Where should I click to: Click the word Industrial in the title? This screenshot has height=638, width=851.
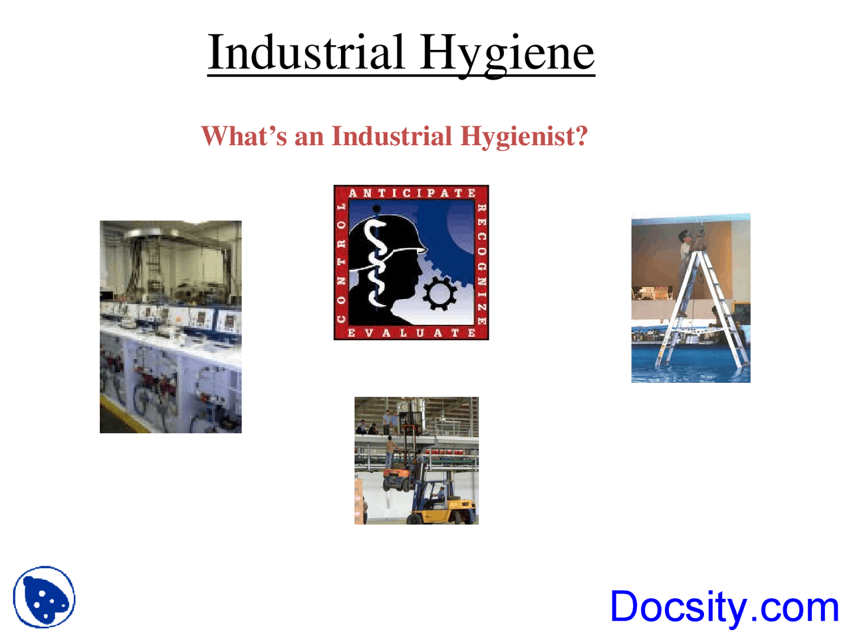[306, 53]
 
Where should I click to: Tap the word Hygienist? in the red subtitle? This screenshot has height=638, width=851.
[524, 137]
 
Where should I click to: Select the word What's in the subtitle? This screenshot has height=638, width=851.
[244, 137]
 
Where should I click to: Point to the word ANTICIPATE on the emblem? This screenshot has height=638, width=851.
[412, 193]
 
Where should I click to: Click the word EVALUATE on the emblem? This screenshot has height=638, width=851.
[412, 332]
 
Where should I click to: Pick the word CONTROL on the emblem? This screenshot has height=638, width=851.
[342, 263]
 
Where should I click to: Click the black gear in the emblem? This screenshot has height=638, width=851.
[439, 294]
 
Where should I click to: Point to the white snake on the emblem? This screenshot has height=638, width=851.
[377, 263]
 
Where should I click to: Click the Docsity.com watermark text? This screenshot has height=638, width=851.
[724, 607]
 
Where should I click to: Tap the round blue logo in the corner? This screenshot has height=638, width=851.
[44, 597]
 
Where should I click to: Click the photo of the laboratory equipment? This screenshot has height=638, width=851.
[170, 327]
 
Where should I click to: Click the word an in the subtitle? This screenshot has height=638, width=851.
[308, 137]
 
